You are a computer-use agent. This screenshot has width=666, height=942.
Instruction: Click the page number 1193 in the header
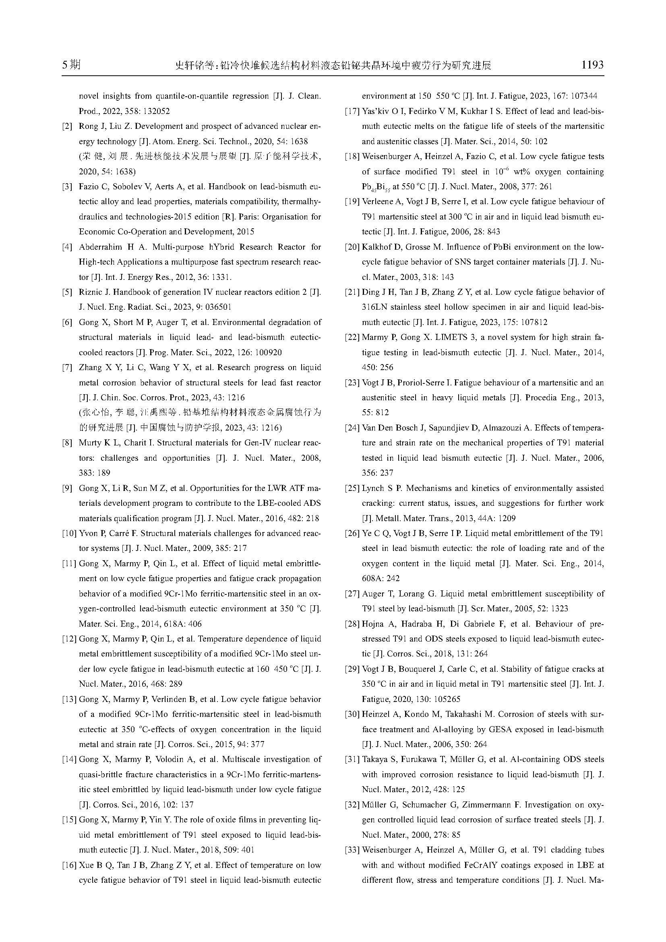pos(592,64)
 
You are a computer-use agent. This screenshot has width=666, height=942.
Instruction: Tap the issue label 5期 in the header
pos(71,64)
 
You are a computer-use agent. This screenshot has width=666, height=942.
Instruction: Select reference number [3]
pos(67,187)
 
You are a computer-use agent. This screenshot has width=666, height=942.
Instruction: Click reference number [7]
pos(67,368)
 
